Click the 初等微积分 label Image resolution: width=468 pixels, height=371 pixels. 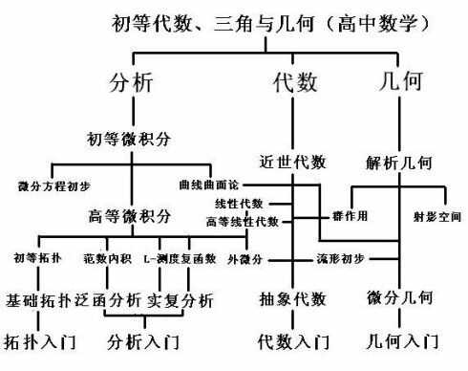(x=130, y=140)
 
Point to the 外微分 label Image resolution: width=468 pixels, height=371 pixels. (x=244, y=259)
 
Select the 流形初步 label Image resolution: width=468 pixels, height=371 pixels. (x=338, y=259)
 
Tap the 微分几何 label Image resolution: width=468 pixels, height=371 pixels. (x=398, y=298)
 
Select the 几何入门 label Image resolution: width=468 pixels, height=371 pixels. (x=404, y=340)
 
